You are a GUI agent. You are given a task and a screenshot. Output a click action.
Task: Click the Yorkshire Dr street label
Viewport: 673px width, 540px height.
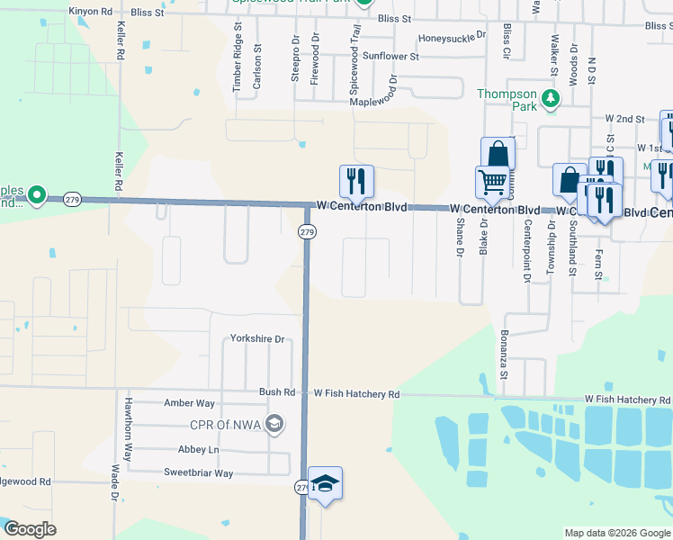(257, 339)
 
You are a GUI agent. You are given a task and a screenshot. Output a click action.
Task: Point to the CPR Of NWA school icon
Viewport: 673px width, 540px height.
(274, 424)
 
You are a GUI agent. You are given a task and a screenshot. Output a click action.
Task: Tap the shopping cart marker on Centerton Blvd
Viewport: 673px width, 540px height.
(492, 183)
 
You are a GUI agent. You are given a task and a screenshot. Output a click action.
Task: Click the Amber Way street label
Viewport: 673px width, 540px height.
(189, 403)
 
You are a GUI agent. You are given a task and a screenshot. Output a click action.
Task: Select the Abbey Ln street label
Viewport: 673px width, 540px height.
(199, 449)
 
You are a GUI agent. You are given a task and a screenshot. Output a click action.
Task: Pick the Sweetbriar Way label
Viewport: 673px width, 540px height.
(198, 472)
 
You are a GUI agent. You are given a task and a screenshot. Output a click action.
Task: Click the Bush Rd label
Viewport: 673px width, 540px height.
(277, 392)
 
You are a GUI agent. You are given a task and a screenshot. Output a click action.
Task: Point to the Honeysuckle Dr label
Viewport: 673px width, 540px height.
(452, 38)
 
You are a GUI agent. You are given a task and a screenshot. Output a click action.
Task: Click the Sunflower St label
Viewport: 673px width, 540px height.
(390, 56)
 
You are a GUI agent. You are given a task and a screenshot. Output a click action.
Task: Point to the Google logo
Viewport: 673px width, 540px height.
(30, 529)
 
